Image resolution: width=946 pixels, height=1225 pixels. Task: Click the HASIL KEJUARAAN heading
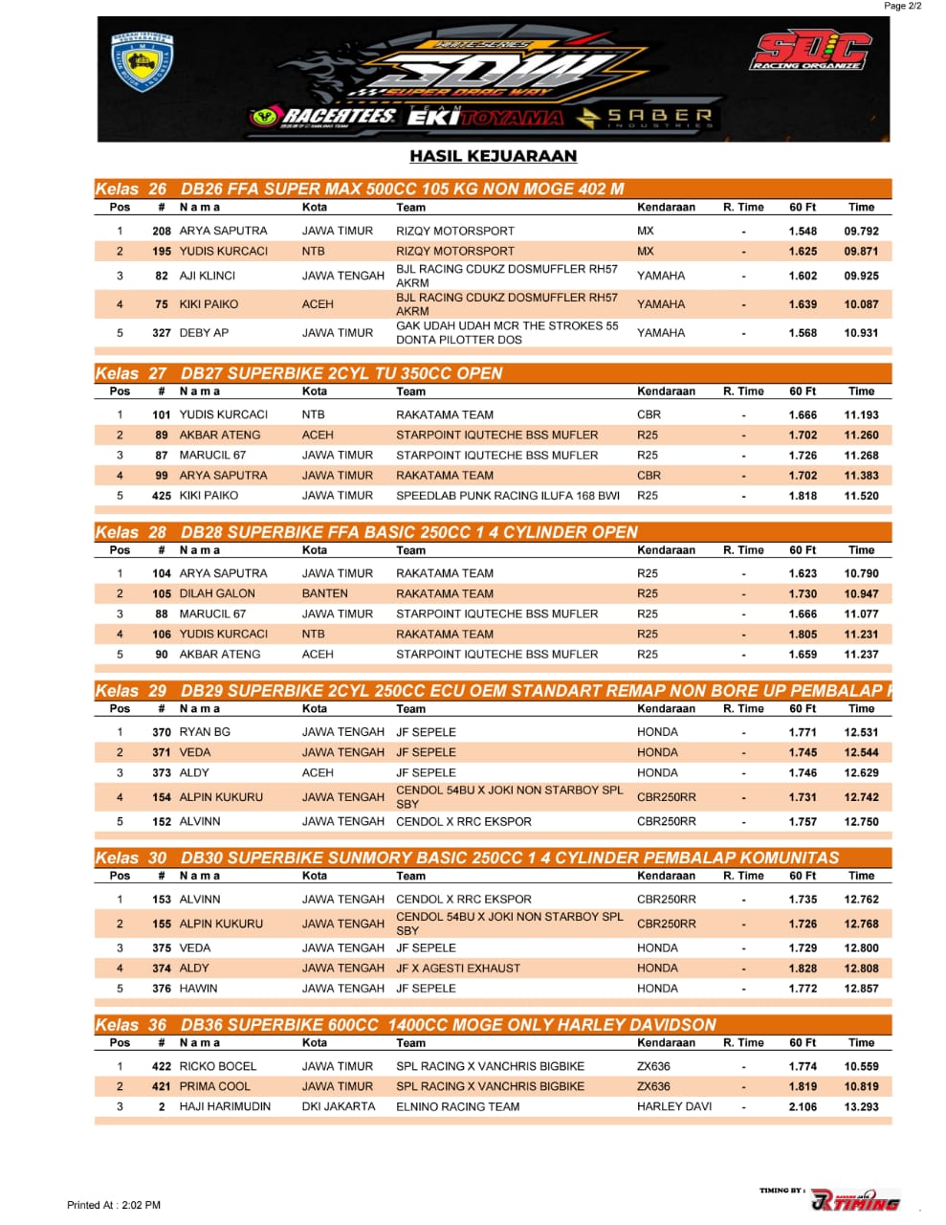coord(493,156)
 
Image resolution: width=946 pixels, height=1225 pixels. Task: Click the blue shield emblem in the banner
coord(143,62)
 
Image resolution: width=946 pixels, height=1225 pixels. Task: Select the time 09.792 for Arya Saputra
coord(861,231)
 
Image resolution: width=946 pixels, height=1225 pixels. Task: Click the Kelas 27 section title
coord(297,373)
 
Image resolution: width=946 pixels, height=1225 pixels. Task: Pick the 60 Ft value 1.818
coord(803,496)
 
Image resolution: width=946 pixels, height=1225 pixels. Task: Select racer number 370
coord(162,732)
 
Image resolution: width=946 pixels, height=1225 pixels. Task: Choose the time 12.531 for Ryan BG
coord(861,732)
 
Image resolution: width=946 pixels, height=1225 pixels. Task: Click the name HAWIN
coord(198,989)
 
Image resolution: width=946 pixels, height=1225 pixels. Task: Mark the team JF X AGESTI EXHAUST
coord(458,969)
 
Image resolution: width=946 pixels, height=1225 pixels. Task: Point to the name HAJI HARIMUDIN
coord(225,1106)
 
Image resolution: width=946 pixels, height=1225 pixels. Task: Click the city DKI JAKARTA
coord(339,1106)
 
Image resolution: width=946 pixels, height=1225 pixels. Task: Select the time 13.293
coord(861,1106)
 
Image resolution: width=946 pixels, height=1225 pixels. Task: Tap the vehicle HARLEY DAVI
coord(674,1106)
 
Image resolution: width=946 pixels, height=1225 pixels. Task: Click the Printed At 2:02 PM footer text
coord(114,1205)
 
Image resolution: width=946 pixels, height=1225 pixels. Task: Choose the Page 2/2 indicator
coord(902,6)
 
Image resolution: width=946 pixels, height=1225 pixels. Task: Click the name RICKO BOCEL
coord(218,1066)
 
